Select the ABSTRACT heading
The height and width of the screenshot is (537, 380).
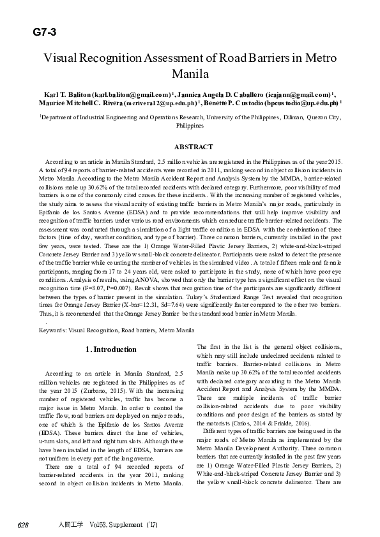(x=190, y=147)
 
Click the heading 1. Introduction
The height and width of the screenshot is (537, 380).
(x=110, y=349)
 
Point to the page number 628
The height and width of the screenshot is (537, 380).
(x=23, y=525)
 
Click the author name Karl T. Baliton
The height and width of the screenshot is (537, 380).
(x=67, y=94)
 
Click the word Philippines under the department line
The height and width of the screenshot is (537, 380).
(x=190, y=126)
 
